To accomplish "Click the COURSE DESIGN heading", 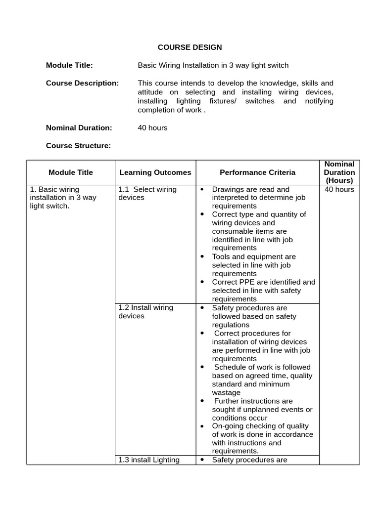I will [190, 47].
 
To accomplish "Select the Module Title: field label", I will [69, 65].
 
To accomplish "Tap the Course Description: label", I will [82, 83].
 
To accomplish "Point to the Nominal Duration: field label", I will [79, 127].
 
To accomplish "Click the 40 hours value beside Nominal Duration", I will [152, 127].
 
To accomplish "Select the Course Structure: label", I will [78, 145].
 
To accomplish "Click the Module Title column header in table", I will [71, 172].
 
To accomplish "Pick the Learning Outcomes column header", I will [155, 172].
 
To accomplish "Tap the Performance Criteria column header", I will [257, 172].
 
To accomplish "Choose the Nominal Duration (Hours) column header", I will [339, 172].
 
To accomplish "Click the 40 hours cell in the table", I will [339, 189].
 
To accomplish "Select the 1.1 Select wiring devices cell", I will [147, 193].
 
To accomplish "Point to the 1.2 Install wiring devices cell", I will [145, 311].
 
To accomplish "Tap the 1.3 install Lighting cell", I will [148, 460].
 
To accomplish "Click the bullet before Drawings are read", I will [202, 190].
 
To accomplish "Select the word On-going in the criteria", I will [226, 426].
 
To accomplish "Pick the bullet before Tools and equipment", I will [202, 257].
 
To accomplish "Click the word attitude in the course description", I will [152, 92].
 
